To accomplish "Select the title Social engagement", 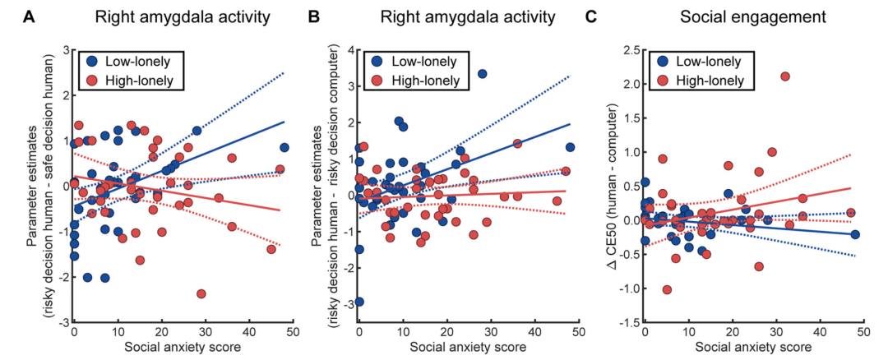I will point(751,16).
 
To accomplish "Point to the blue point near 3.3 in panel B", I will point(482,74).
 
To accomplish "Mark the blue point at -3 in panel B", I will point(359,302).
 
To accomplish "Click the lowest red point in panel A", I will point(201,293).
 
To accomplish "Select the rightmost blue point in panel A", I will point(284,148).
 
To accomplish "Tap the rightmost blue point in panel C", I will point(855,234).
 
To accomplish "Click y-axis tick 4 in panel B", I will point(347,51).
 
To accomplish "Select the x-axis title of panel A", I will point(182,348).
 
